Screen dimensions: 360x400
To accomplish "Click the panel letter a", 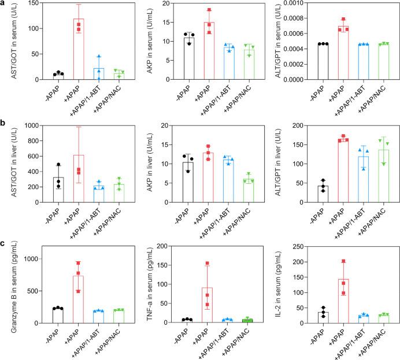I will click(5, 5).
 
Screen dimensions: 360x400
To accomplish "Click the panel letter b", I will click(5, 124).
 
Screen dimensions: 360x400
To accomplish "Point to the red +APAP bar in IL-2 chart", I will click(345, 300).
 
